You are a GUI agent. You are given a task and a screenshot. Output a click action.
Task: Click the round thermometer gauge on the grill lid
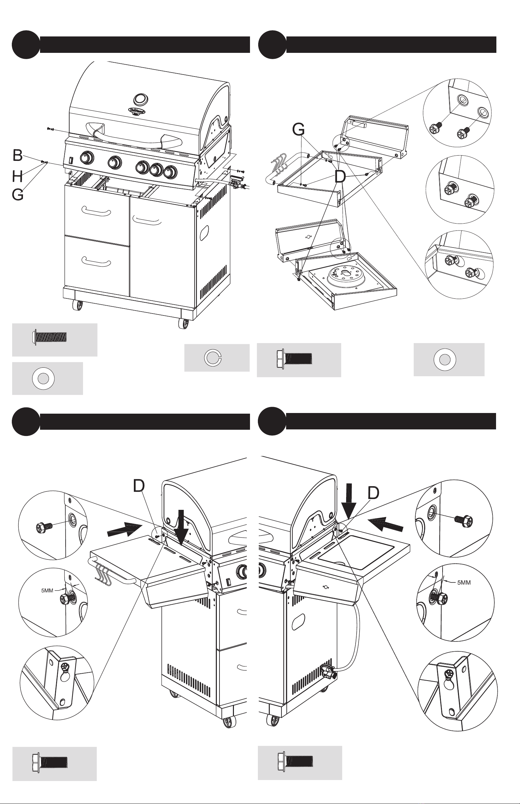pos(140,99)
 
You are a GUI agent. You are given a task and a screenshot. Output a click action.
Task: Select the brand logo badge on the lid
pos(137,111)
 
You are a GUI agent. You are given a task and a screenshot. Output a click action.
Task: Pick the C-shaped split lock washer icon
pos(213,358)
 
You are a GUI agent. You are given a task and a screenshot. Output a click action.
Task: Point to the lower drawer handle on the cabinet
pos(96,261)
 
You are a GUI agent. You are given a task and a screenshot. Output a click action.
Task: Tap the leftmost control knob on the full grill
pos(87,158)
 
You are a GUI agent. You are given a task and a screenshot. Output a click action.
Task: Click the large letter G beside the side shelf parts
pos(299,129)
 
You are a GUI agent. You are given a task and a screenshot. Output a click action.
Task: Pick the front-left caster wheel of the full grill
pos(78,305)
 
